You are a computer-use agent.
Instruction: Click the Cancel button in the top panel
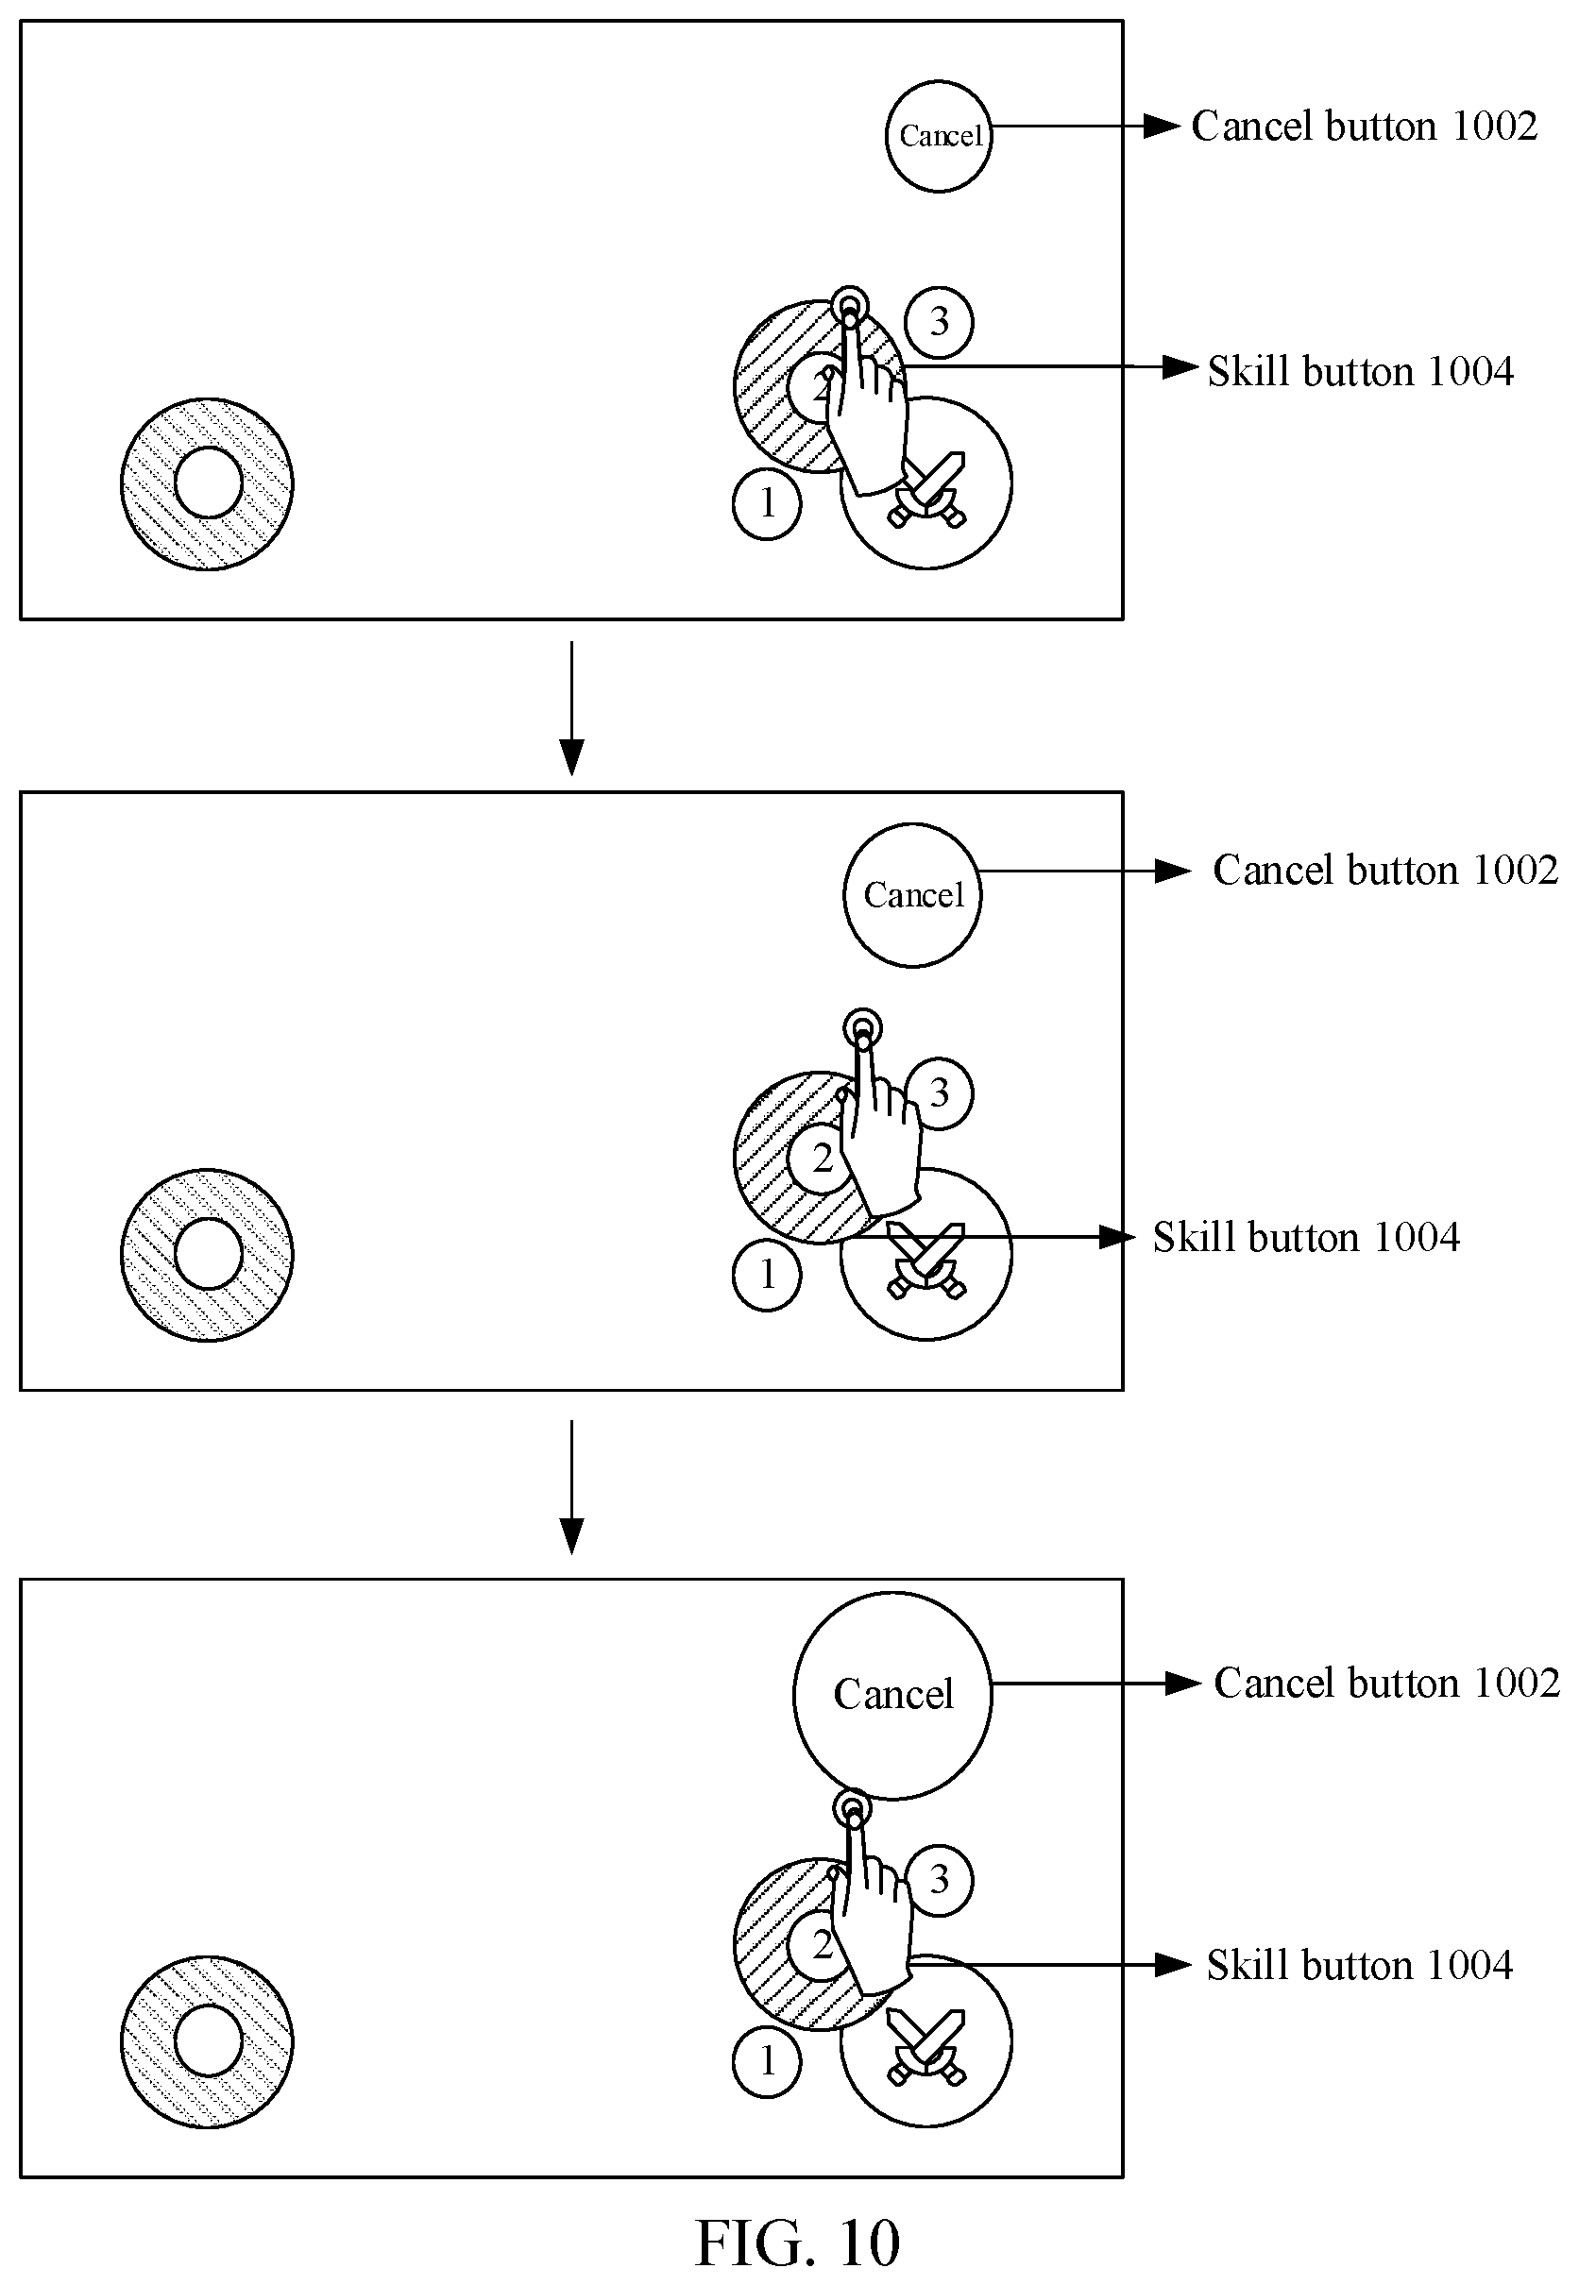click(x=938, y=137)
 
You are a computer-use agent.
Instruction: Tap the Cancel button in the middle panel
click(x=912, y=895)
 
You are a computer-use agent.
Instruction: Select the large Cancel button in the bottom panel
click(x=892, y=1696)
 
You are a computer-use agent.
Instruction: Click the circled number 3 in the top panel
click(x=939, y=321)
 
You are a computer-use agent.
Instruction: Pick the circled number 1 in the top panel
click(x=767, y=504)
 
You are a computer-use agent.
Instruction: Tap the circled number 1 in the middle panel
click(x=767, y=1276)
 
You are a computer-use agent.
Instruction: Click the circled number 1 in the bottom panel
click(x=767, y=2062)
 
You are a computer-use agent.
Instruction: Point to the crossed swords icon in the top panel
click(x=928, y=490)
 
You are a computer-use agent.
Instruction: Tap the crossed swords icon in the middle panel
click(x=926, y=1261)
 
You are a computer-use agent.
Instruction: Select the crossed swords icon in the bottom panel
click(x=926, y=2048)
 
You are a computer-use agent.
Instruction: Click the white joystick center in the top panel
click(x=209, y=482)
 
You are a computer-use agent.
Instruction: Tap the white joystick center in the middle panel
click(x=209, y=1254)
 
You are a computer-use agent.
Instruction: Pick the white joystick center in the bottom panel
click(x=209, y=2040)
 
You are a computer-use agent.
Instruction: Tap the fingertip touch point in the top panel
click(x=849, y=306)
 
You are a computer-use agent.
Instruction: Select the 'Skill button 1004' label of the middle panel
click(x=1306, y=1238)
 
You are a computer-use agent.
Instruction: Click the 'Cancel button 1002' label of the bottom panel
click(x=1387, y=1683)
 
